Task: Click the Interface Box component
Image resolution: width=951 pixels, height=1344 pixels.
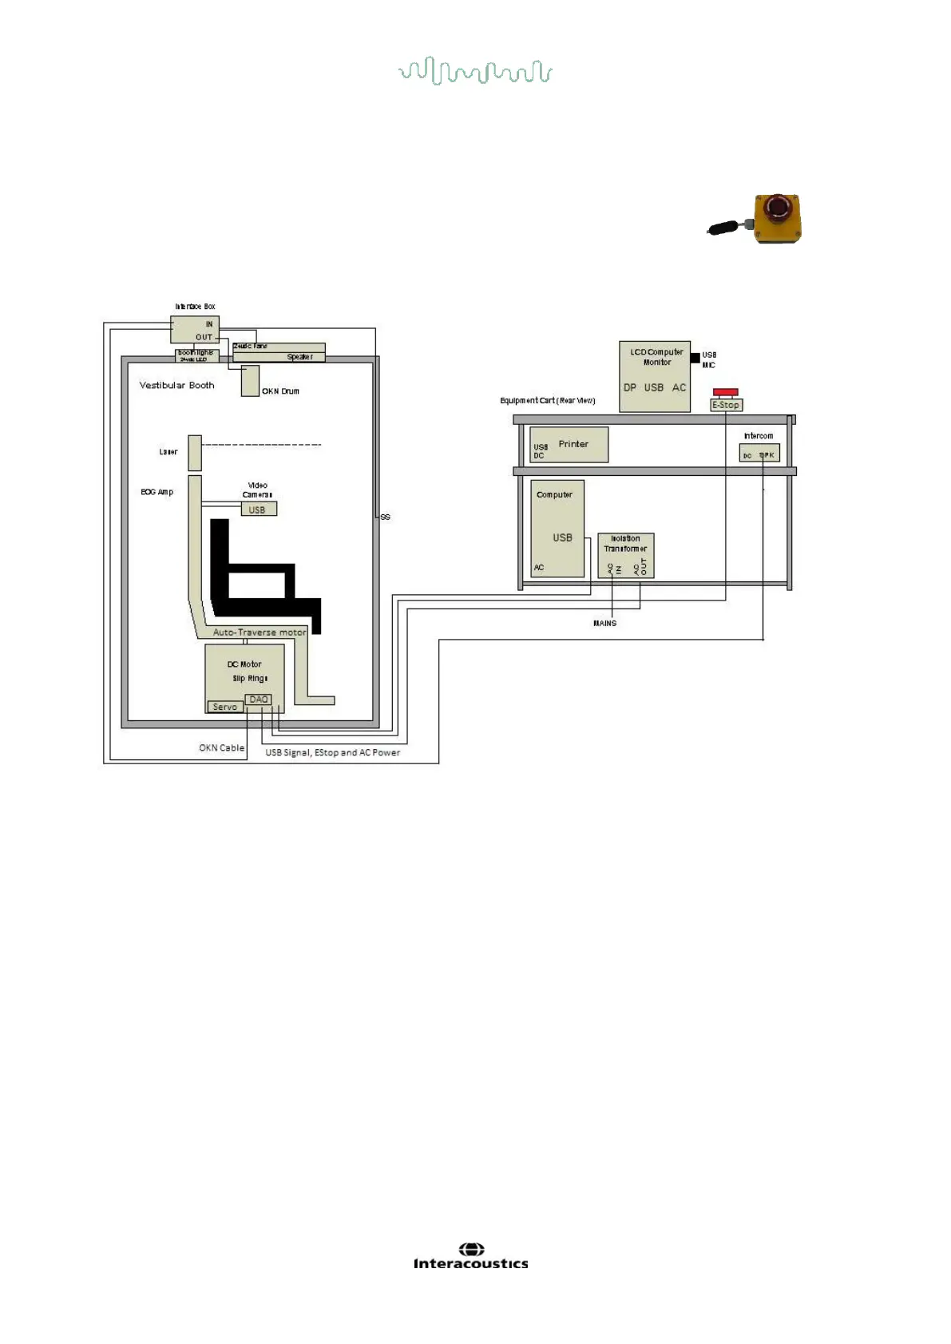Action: [x=194, y=330]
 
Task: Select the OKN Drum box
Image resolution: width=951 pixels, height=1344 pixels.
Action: [x=250, y=381]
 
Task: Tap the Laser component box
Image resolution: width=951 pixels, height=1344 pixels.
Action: [x=195, y=453]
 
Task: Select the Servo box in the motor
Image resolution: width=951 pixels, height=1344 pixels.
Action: [x=225, y=707]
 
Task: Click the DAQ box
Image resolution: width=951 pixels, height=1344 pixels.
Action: [x=259, y=700]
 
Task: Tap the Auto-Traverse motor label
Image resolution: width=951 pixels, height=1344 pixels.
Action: [x=259, y=632]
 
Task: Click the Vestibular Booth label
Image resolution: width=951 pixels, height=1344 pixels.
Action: [x=176, y=385]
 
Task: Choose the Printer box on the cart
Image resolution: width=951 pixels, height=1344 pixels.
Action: [x=569, y=445]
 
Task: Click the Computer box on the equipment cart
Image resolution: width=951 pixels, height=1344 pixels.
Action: [x=557, y=528]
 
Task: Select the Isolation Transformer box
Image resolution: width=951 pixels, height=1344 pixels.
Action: [x=625, y=555]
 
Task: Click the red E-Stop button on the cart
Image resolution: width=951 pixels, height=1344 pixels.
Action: [x=725, y=392]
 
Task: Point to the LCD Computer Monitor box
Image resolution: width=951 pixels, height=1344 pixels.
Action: [x=654, y=376]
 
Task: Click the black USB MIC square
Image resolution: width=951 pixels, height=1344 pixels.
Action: [x=695, y=357]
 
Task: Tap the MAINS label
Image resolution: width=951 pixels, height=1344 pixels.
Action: [x=604, y=623]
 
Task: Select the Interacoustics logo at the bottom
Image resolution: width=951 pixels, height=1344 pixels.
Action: [x=470, y=1256]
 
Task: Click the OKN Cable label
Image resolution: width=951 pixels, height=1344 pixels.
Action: [x=221, y=748]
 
